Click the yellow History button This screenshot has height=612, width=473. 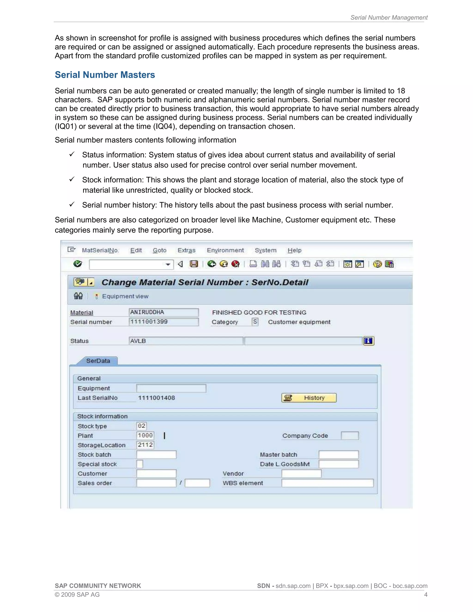pyautogui.click(x=309, y=398)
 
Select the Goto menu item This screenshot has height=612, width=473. pyautogui.click(x=159, y=250)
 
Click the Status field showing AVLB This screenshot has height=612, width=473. pyautogui.click(x=185, y=341)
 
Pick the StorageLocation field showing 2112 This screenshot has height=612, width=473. pyautogui.click(x=145, y=445)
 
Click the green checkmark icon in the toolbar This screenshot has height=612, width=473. pyautogui.click(x=78, y=264)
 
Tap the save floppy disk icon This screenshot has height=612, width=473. pyautogui.click(x=194, y=264)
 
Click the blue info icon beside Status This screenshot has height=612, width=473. pyautogui.click(x=368, y=341)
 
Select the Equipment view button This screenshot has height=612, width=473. pyautogui.click(x=125, y=296)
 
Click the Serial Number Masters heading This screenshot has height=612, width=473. pyautogui.click(x=105, y=75)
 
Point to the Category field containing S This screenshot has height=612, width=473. pyautogui.click(x=255, y=322)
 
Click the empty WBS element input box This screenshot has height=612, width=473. pyautogui.click(x=327, y=483)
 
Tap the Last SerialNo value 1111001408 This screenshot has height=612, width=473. pyautogui.click(x=156, y=398)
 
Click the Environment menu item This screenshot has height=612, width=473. pyautogui.click(x=225, y=250)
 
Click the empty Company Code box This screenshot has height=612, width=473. pyautogui.click(x=349, y=436)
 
